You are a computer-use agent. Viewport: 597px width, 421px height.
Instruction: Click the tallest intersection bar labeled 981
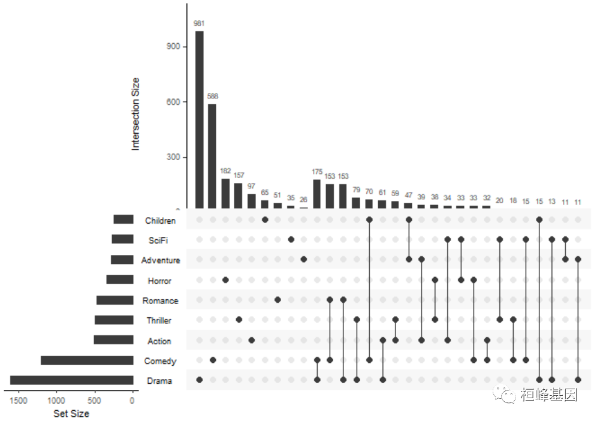click(x=199, y=120)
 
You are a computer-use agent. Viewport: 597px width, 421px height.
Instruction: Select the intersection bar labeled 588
click(x=212, y=156)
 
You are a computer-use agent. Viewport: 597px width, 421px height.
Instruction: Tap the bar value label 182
click(x=225, y=171)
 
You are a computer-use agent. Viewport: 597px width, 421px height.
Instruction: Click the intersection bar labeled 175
click(x=317, y=193)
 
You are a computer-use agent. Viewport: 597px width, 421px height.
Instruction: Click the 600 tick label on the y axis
click(x=173, y=102)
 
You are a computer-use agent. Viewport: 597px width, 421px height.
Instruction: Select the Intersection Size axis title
click(x=135, y=114)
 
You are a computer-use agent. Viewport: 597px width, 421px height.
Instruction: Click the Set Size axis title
click(x=71, y=413)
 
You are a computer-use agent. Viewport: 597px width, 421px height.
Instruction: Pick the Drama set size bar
click(x=71, y=380)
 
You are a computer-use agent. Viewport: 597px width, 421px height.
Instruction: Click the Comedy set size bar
click(x=87, y=360)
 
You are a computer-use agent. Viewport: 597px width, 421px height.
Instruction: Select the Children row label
click(x=160, y=221)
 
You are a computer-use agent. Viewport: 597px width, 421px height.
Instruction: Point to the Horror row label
click(x=159, y=281)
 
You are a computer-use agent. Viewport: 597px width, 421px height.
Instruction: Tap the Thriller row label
click(x=159, y=321)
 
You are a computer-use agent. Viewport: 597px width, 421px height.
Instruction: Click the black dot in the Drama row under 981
click(x=199, y=380)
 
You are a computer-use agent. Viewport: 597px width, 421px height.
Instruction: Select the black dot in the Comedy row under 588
click(x=212, y=360)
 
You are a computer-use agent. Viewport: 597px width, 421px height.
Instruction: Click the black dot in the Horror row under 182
click(x=225, y=280)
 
